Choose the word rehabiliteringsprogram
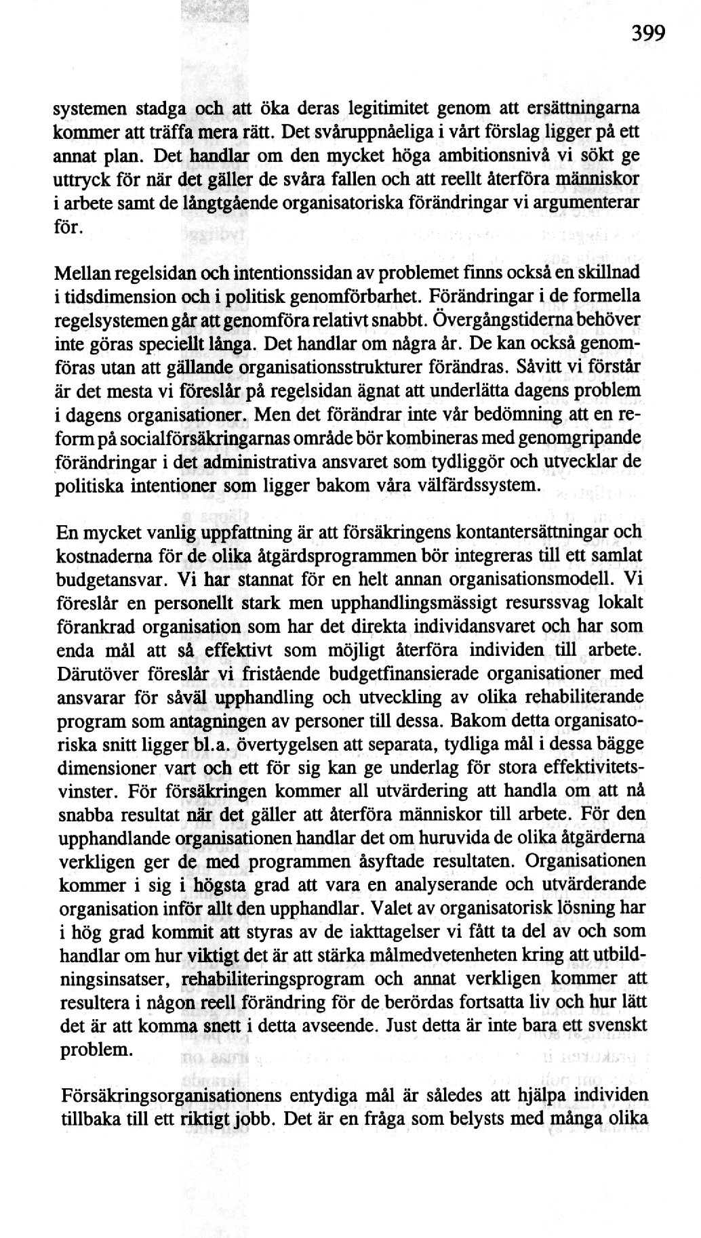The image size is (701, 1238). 267,981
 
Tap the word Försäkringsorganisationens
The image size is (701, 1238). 169,1096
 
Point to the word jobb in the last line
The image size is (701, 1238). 255,1120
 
